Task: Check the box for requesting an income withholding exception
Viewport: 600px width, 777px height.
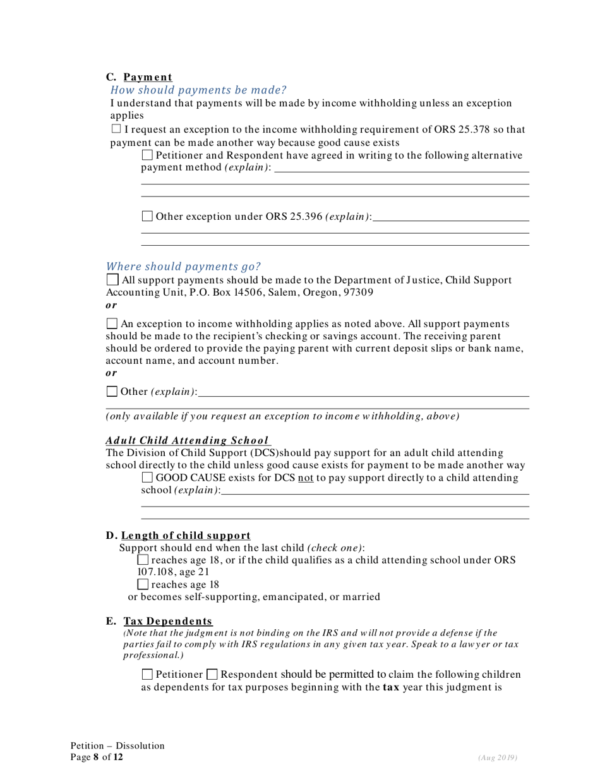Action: (116, 129)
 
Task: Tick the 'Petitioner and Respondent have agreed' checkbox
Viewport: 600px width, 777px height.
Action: (147, 155)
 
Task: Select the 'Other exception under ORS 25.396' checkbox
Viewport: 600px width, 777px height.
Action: (147, 217)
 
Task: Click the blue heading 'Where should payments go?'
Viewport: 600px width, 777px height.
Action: (183, 266)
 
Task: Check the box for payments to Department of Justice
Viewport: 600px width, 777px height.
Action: (112, 279)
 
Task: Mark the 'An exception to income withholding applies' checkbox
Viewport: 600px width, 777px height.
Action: (112, 323)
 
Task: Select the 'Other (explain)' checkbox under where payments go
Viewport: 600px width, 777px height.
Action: (112, 392)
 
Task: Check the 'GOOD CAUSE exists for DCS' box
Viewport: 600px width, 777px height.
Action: (147, 477)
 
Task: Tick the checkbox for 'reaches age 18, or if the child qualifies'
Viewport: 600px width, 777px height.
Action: (143, 560)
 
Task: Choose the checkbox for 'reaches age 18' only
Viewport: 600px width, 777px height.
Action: (143, 584)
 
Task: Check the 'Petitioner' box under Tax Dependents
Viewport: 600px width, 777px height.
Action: (147, 674)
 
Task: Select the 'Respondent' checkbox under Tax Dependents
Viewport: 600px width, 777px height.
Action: (212, 674)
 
